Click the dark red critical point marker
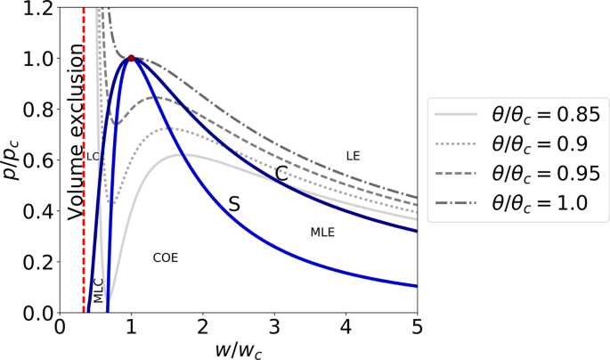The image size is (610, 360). (x=132, y=59)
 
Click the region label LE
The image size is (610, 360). (x=353, y=156)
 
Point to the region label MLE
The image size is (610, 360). (x=322, y=233)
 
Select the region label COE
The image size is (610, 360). (x=165, y=258)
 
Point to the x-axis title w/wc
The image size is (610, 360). (x=238, y=350)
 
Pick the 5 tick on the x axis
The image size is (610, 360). (x=417, y=327)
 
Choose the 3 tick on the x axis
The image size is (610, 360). (x=274, y=327)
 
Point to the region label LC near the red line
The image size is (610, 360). (x=92, y=156)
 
